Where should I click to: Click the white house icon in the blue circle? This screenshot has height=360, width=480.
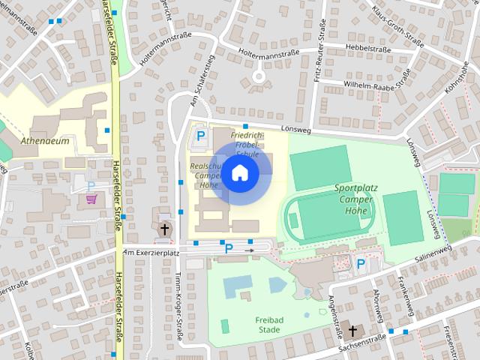[239, 173]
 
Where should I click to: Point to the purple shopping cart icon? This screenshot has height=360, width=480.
[91, 199]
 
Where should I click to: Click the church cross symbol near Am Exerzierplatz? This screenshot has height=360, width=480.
[164, 228]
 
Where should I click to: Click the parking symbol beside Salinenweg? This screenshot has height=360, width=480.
[361, 264]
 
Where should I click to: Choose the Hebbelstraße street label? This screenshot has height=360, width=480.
[370, 47]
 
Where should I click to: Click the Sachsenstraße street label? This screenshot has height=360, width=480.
[361, 341]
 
